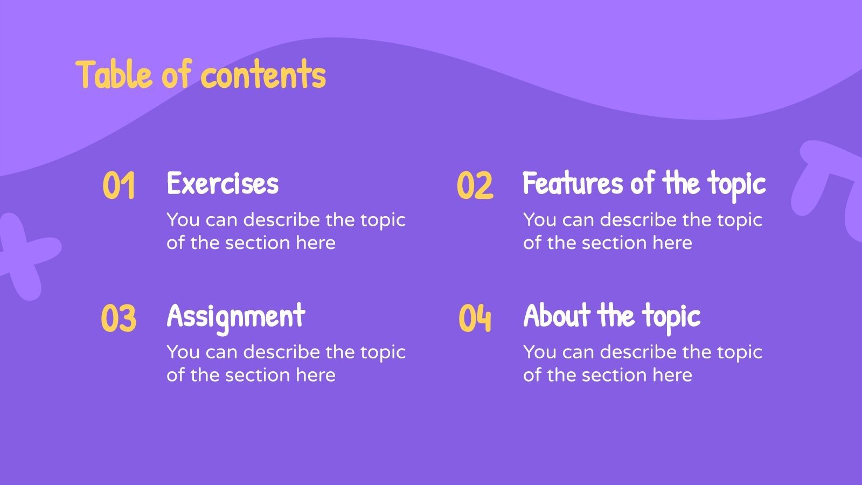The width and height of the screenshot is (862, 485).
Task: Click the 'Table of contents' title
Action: click(201, 74)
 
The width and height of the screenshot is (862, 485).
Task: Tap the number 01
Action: click(119, 186)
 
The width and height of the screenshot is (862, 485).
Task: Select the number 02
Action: click(475, 186)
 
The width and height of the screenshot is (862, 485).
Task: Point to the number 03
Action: click(119, 318)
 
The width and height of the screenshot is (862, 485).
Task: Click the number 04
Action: click(475, 318)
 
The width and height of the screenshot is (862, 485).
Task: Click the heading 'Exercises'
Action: click(223, 183)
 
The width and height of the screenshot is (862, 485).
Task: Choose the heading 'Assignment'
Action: click(236, 316)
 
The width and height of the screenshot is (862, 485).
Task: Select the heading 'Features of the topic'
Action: click(644, 183)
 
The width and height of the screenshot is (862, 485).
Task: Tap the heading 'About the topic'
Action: click(611, 316)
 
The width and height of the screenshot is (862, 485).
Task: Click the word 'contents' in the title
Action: click(263, 75)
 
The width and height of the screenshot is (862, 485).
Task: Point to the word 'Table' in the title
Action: click(114, 74)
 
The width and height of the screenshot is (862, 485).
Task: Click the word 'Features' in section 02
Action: click(573, 183)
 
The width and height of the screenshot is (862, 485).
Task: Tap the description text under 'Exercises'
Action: click(286, 231)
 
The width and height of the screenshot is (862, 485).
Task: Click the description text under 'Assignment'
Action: click(286, 363)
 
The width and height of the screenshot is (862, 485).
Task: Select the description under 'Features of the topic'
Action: click(642, 231)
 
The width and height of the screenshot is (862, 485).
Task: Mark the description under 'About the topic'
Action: click(642, 363)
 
